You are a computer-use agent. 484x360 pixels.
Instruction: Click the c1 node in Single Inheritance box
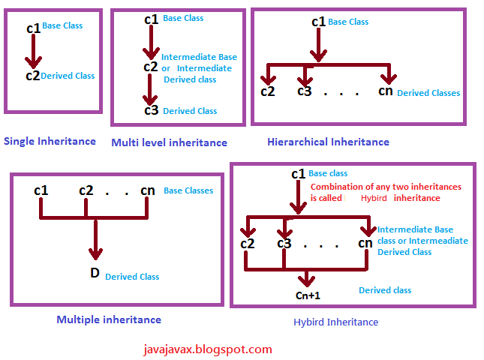(33, 28)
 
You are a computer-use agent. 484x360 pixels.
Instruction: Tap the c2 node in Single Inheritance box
(32, 75)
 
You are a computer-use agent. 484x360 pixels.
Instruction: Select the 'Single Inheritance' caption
(50, 141)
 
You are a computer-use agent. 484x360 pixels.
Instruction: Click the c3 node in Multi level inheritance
(152, 110)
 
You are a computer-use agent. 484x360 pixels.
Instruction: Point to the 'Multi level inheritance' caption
(169, 142)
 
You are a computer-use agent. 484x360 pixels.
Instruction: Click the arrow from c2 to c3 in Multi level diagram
(151, 89)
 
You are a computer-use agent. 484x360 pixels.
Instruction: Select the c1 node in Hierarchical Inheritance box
(318, 22)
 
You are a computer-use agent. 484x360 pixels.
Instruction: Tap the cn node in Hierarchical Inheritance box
(385, 91)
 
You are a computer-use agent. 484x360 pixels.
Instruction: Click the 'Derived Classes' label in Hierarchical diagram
(428, 93)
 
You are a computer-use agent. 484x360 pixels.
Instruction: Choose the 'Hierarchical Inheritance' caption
(328, 141)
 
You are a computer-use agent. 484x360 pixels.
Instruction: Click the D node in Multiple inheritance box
(95, 272)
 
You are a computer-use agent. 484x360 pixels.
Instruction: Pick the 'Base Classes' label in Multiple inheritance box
(188, 190)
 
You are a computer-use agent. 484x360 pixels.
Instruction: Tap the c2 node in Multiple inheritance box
(87, 190)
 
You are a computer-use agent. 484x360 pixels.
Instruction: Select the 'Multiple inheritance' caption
(109, 319)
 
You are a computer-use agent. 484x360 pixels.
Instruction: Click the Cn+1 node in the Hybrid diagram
(307, 295)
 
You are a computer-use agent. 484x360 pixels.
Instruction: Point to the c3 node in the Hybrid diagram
(284, 243)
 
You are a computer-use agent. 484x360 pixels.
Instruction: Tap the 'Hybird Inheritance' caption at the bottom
(335, 322)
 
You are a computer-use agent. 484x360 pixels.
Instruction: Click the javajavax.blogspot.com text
(207, 349)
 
